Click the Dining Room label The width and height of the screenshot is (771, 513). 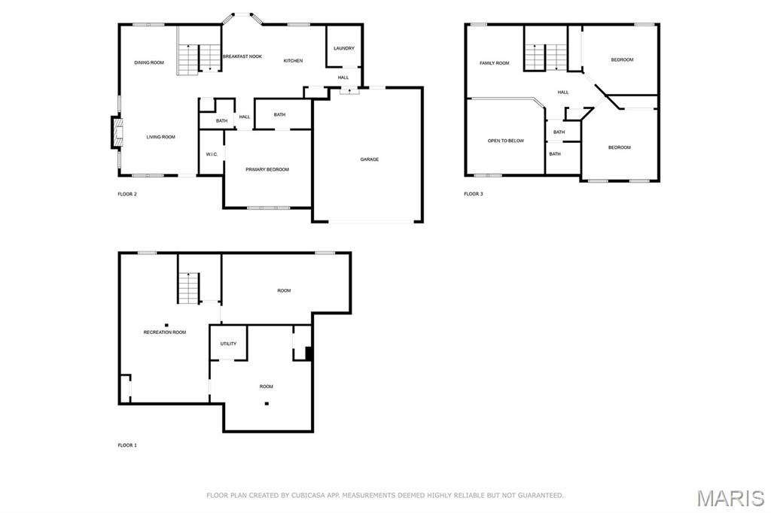coord(149,62)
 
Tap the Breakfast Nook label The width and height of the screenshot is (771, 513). coord(242,56)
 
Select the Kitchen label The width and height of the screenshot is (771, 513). coord(293,61)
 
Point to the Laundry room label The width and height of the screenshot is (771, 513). coord(343,48)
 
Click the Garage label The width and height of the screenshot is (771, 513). coord(369,159)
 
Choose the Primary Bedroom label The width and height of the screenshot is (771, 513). coord(267,169)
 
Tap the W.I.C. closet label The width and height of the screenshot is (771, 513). coord(212,154)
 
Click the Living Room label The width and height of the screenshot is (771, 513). coord(161,137)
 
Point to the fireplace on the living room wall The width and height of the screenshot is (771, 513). coord(116,132)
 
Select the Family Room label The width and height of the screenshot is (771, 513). coord(495,63)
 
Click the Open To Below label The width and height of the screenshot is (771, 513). coord(506,141)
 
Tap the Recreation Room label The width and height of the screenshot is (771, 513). coord(165,332)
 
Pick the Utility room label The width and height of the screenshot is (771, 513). coord(228,344)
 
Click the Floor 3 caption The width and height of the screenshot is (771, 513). coord(474,194)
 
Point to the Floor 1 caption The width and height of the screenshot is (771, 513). coord(127,445)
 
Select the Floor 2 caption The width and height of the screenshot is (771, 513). coord(127,194)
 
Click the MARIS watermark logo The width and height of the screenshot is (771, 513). coord(730,498)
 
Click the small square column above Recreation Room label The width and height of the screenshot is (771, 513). coord(166,325)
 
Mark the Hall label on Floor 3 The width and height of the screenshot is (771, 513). coord(563,92)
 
